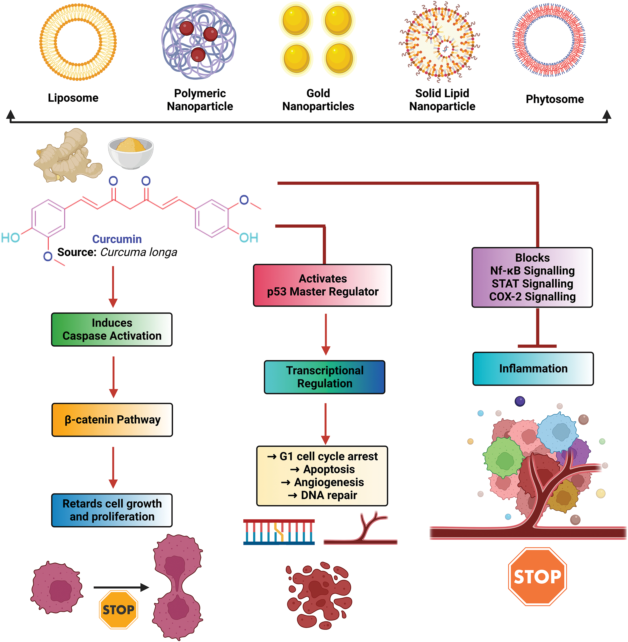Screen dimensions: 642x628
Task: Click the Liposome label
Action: point(73,98)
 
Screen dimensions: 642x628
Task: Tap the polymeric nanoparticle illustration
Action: point(199,41)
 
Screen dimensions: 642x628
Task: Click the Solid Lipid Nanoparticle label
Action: point(442,100)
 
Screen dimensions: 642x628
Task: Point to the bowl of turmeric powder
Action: point(131,153)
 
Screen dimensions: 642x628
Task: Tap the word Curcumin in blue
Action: point(117,239)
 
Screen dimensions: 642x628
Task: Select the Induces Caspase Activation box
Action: point(112,329)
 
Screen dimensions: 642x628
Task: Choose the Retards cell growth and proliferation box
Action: point(112,510)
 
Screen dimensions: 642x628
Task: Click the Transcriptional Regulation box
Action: point(325,377)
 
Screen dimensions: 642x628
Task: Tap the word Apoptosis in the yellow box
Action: point(329,469)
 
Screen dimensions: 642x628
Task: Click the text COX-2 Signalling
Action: point(532,297)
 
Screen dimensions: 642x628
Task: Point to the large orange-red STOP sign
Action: point(537,576)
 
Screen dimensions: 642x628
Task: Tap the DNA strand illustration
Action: point(279,532)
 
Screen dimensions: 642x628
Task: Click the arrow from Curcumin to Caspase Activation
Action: point(113,287)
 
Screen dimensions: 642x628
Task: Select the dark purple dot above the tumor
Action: point(520,401)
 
